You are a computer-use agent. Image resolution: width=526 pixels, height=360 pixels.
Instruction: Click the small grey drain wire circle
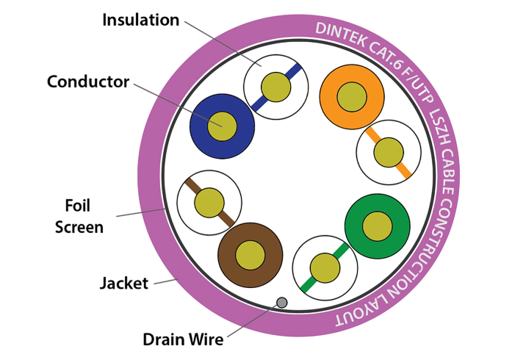point(281,302)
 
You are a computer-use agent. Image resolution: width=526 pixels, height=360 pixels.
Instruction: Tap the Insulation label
point(140,19)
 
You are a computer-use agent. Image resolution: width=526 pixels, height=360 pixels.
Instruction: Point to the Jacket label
point(123,282)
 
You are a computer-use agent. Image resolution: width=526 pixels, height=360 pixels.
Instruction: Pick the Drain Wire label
point(183,339)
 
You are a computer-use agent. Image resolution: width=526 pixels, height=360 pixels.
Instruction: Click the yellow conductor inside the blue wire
point(221,125)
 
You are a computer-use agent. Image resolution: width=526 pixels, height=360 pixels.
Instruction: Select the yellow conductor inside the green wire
point(377,226)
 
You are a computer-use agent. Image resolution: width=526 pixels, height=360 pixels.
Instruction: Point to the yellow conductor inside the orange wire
point(352,97)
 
